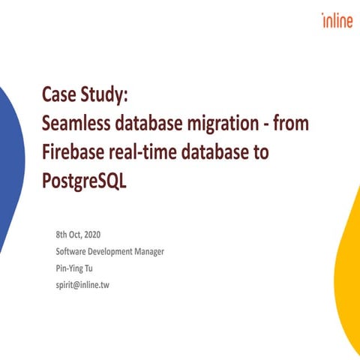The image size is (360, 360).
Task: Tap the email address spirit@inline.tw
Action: [82, 284]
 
